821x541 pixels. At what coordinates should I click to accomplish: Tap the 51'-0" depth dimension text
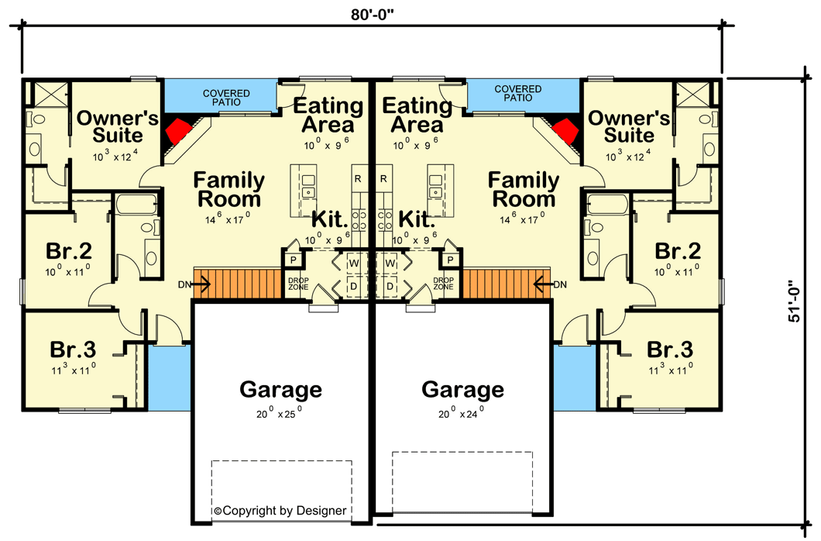[797, 302]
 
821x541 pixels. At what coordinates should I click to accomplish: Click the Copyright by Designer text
[280, 511]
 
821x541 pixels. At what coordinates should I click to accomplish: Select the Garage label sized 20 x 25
[280, 389]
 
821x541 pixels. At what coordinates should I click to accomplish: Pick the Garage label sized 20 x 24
[462, 389]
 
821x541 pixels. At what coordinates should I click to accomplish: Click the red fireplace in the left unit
[180, 130]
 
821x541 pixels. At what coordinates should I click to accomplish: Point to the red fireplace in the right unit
[564, 130]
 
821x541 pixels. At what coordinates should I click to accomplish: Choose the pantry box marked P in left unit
[294, 260]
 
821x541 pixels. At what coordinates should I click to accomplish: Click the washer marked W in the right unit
[390, 264]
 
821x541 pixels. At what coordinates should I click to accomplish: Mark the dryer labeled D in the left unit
[354, 287]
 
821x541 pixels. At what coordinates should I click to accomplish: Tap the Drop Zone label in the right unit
[443, 284]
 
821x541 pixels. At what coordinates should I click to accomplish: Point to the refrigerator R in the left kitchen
[358, 178]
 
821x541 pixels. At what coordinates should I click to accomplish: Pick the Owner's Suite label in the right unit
[628, 126]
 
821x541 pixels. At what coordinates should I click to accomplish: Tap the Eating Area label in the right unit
[417, 114]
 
